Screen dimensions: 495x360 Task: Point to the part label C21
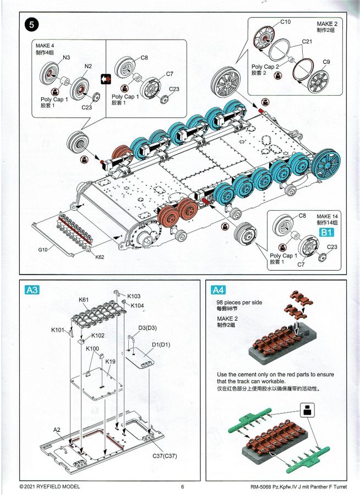(307, 42)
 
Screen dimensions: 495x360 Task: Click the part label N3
(66, 57)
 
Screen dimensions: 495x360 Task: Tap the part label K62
(100, 257)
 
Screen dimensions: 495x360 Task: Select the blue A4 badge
(218, 290)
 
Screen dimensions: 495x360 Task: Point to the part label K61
(84, 300)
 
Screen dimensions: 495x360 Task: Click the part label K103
(134, 296)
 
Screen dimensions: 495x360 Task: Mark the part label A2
(57, 429)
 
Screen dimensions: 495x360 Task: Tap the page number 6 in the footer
(182, 486)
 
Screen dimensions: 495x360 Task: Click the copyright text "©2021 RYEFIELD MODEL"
(50, 486)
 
